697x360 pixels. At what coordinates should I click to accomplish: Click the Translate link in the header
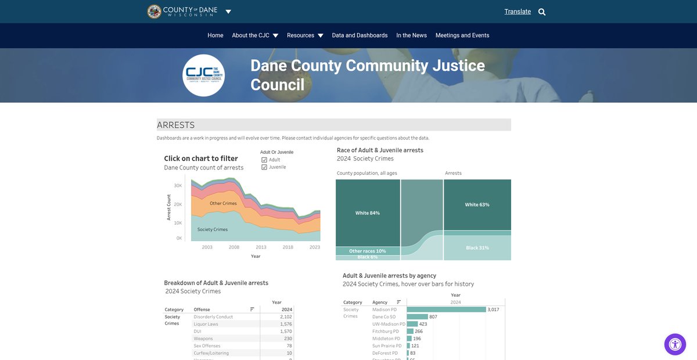click(x=518, y=12)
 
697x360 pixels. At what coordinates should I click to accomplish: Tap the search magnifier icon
click(x=542, y=12)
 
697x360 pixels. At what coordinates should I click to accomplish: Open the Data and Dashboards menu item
click(x=360, y=35)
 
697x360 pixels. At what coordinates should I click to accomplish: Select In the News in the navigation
click(x=411, y=35)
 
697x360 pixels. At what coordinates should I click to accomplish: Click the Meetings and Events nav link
click(x=462, y=35)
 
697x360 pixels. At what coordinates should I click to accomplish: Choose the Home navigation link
click(x=215, y=35)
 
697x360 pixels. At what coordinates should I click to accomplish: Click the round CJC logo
click(x=203, y=75)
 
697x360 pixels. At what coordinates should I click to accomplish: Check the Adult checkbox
click(x=264, y=160)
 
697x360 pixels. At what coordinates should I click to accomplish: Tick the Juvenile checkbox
click(x=264, y=167)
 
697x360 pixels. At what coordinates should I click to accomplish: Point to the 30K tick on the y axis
click(x=178, y=186)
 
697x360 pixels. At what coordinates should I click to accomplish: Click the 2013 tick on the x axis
click(x=261, y=247)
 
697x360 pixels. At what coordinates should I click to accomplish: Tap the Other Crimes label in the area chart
click(x=223, y=203)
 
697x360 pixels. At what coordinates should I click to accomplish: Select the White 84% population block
click(x=368, y=213)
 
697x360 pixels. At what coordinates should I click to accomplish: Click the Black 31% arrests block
click(x=477, y=248)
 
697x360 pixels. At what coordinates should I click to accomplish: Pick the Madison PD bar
click(x=446, y=309)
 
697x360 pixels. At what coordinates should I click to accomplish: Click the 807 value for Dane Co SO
click(x=433, y=317)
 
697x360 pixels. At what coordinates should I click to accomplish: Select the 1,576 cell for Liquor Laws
click(x=286, y=324)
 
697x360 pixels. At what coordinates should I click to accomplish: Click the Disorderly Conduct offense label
click(x=213, y=317)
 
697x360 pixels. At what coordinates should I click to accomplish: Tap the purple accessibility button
click(x=675, y=344)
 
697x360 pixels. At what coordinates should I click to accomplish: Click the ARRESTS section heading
click(x=176, y=125)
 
